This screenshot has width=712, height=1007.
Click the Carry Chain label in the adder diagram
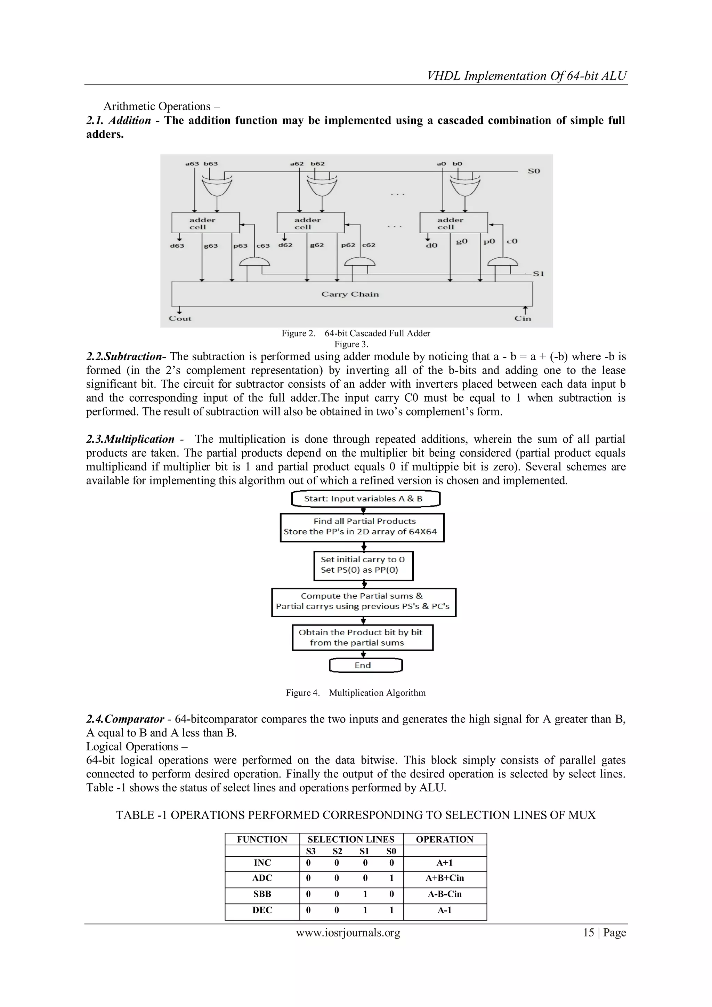(x=350, y=294)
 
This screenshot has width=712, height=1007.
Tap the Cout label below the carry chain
(x=180, y=319)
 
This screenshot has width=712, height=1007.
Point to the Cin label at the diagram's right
(x=523, y=319)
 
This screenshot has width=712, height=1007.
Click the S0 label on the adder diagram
(x=534, y=171)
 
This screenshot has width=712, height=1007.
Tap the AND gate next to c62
(x=360, y=262)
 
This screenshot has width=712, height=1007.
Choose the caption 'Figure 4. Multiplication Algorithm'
(x=356, y=693)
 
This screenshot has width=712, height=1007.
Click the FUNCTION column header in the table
(x=262, y=839)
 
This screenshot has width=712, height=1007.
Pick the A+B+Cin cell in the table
(x=445, y=878)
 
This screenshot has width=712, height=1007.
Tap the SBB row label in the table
(x=262, y=894)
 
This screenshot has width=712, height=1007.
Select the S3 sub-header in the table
(x=310, y=851)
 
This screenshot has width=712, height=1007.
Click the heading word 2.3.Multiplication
(x=130, y=440)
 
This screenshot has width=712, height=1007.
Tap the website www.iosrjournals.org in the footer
(x=348, y=933)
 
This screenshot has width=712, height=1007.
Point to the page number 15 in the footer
(x=588, y=933)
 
